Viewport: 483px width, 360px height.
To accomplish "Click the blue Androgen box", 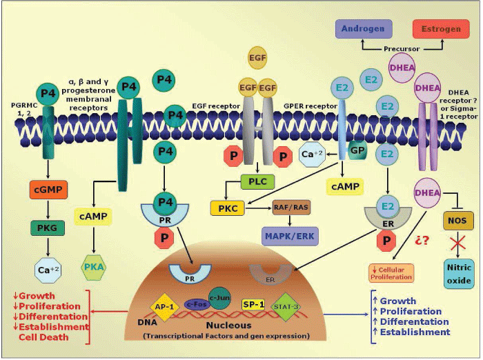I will point(364,29).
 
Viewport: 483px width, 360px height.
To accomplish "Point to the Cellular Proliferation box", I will point(392,272).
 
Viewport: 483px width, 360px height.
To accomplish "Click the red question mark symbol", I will point(422,241).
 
